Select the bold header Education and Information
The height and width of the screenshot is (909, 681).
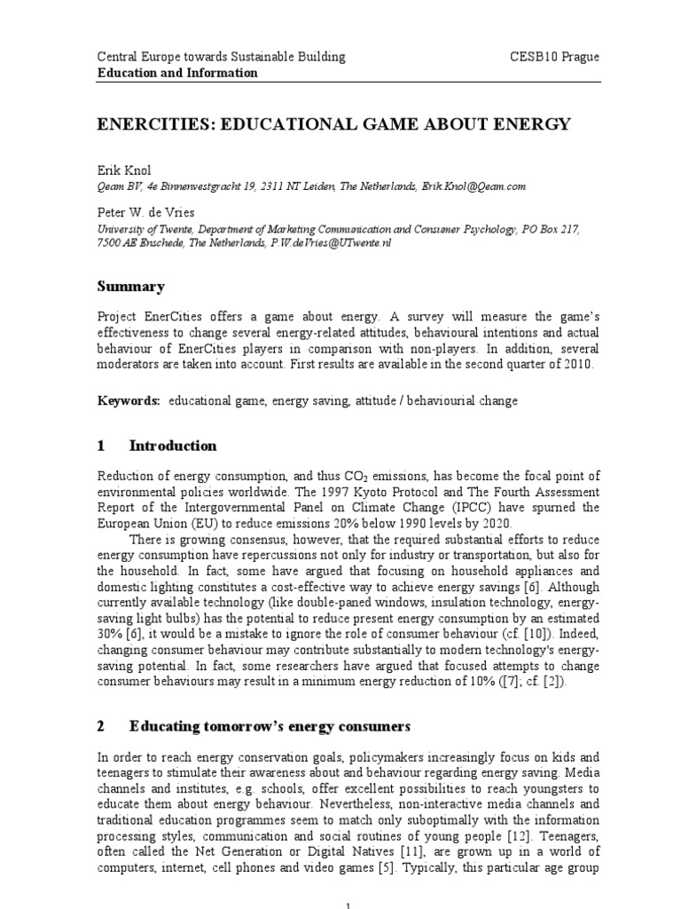[177, 73]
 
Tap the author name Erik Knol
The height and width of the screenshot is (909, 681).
[124, 170]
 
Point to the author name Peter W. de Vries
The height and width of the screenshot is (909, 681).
[145, 214]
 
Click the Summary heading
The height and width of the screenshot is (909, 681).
[130, 287]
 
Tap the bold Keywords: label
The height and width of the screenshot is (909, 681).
[129, 401]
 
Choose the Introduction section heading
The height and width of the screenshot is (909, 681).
[172, 446]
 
